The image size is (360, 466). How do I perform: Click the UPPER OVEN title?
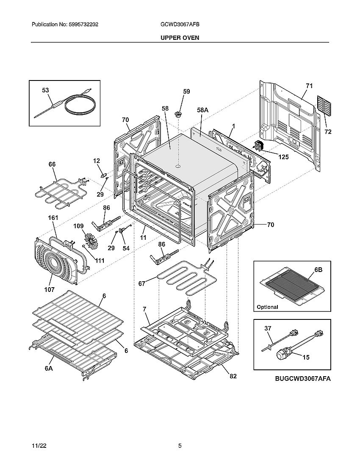click(180, 38)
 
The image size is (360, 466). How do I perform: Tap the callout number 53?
click(45, 90)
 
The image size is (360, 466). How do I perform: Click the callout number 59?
click(186, 92)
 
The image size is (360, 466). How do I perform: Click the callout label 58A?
click(203, 110)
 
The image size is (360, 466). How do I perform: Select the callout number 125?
click(283, 157)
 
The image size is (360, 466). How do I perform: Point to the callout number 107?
click(50, 290)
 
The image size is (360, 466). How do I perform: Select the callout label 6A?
click(49, 369)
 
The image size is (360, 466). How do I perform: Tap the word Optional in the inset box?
click(267, 307)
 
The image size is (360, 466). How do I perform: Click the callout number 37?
click(267, 328)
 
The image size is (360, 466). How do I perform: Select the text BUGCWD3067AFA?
click(302, 379)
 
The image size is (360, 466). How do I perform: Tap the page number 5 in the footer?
click(180, 446)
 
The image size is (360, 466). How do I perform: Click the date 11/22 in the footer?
click(39, 446)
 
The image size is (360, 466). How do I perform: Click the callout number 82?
click(233, 376)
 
